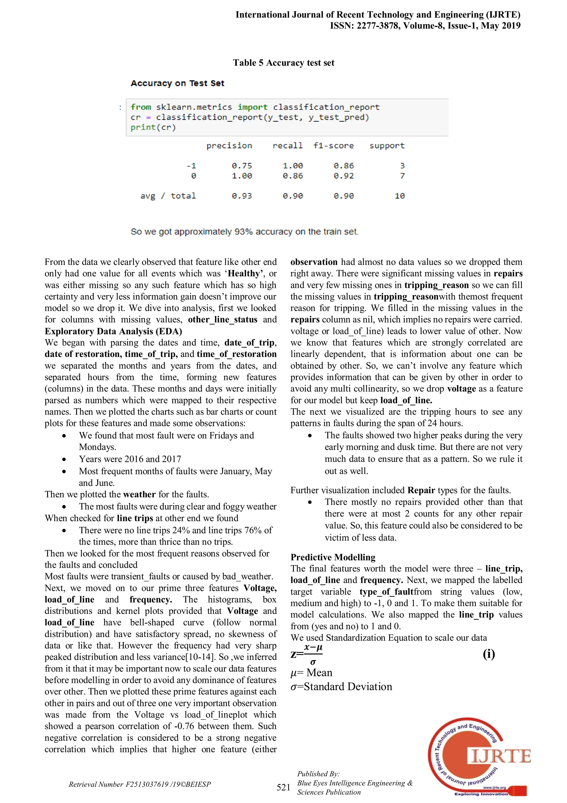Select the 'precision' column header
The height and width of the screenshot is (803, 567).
[229, 146]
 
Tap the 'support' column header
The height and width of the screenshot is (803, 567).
[387, 146]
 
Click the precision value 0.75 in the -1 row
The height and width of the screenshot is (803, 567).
[241, 165]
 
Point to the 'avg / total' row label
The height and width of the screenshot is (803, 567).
[168, 196]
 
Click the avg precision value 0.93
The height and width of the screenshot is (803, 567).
[241, 196]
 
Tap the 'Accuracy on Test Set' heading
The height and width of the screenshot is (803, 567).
[177, 83]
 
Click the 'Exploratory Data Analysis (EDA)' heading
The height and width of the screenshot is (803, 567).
[113, 331]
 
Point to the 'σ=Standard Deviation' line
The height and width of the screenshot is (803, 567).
[341, 687]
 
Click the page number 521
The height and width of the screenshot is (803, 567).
[283, 787]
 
